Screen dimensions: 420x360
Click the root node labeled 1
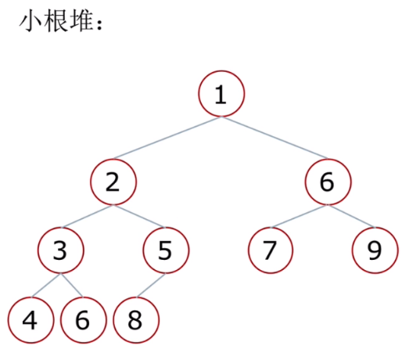[221, 94]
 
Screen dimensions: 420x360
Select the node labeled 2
[113, 182]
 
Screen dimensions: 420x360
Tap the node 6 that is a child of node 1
[328, 182]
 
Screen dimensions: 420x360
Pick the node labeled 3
[61, 250]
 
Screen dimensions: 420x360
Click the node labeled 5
[166, 250]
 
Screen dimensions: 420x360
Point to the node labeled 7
[271, 250]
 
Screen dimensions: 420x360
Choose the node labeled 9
[375, 250]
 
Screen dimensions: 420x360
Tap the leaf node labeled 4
[31, 320]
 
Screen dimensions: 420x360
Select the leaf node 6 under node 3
[84, 320]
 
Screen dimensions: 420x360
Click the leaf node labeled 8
[136, 320]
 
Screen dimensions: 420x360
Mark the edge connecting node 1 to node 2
[167, 138]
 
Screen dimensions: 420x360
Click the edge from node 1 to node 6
[275, 138]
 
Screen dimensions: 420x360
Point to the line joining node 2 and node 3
[87, 216]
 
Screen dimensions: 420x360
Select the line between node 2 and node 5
[139, 216]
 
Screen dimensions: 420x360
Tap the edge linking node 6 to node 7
[300, 216]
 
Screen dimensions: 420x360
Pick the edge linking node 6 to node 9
[352, 216]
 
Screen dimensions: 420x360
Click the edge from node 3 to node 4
[46, 285]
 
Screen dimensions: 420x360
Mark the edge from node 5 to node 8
[151, 285]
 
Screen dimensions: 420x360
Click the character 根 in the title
[56, 21]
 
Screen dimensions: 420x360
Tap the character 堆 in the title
[81, 21]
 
